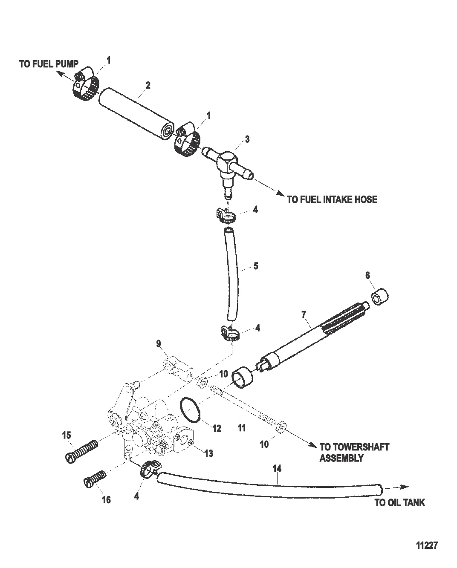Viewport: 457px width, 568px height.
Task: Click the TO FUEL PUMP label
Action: pos(49,64)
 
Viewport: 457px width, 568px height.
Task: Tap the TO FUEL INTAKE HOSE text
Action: pos(332,199)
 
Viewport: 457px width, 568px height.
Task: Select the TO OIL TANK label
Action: pos(399,503)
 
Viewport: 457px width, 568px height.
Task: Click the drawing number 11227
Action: pos(427,546)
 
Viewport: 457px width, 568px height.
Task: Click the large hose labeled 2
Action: pos(135,112)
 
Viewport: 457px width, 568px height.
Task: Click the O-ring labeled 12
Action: pos(190,410)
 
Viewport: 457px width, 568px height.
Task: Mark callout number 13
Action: pos(208,453)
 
